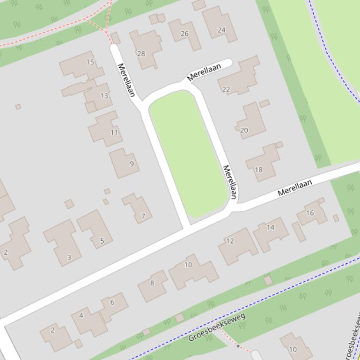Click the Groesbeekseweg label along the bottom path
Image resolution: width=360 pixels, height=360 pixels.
(x=217, y=328)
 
